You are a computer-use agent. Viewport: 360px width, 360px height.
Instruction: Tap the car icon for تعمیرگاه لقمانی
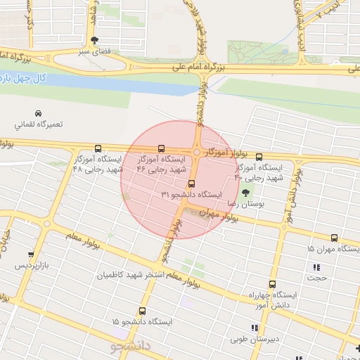click(x=38, y=113)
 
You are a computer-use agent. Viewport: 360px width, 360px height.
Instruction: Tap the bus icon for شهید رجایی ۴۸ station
click(x=97, y=149)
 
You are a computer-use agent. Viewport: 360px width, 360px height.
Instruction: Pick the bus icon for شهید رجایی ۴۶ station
click(x=162, y=149)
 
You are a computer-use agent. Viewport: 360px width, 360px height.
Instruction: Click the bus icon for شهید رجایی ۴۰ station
click(x=259, y=157)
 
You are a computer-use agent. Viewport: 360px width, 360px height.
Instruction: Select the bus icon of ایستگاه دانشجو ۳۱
click(x=191, y=184)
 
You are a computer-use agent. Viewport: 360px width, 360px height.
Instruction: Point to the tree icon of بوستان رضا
click(x=245, y=193)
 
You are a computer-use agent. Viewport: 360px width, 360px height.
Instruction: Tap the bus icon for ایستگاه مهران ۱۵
click(x=334, y=238)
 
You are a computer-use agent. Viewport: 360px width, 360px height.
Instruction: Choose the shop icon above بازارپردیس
click(x=30, y=255)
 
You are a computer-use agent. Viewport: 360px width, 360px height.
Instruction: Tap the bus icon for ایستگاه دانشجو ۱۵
click(x=143, y=311)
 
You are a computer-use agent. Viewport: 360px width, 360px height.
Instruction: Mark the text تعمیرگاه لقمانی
click(x=39, y=124)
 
